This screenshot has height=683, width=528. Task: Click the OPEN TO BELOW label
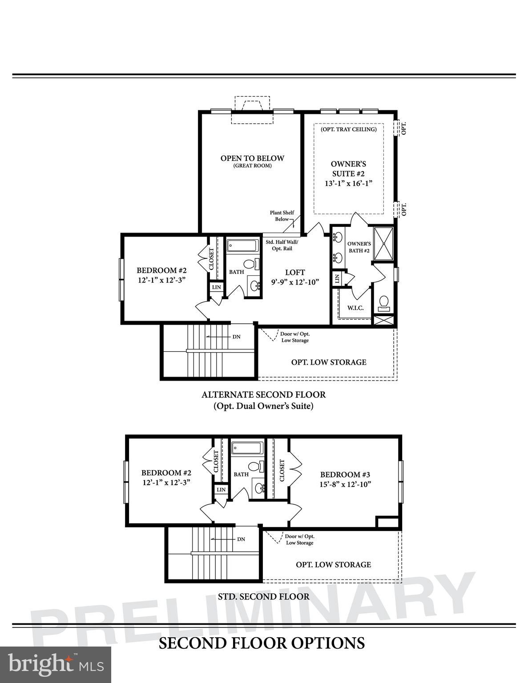tap(252, 158)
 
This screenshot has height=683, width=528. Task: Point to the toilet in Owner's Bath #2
tap(383, 303)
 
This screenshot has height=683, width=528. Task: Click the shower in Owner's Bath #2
tap(383, 243)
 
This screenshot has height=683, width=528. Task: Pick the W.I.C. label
tap(355, 308)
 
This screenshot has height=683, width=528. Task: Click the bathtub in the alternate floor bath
tap(242, 245)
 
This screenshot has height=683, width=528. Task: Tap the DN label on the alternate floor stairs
tap(237, 337)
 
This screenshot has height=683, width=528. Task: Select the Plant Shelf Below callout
tap(282, 216)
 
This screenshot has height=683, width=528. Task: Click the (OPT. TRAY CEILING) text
tap(349, 129)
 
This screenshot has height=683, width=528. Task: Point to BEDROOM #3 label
tap(345, 474)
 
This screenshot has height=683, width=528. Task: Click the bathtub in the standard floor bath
tap(247, 448)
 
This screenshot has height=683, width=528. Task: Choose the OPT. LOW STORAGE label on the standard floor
tap(333, 564)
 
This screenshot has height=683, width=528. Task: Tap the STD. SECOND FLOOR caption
tap(264, 597)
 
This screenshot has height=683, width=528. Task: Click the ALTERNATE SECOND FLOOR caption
tap(264, 395)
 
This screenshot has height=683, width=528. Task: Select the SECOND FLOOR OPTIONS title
tap(262, 643)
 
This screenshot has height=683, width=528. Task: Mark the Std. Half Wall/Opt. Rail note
tap(282, 245)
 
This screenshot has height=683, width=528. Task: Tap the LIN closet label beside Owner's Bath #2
tap(337, 279)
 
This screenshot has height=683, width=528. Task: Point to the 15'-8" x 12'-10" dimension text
tap(345, 484)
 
